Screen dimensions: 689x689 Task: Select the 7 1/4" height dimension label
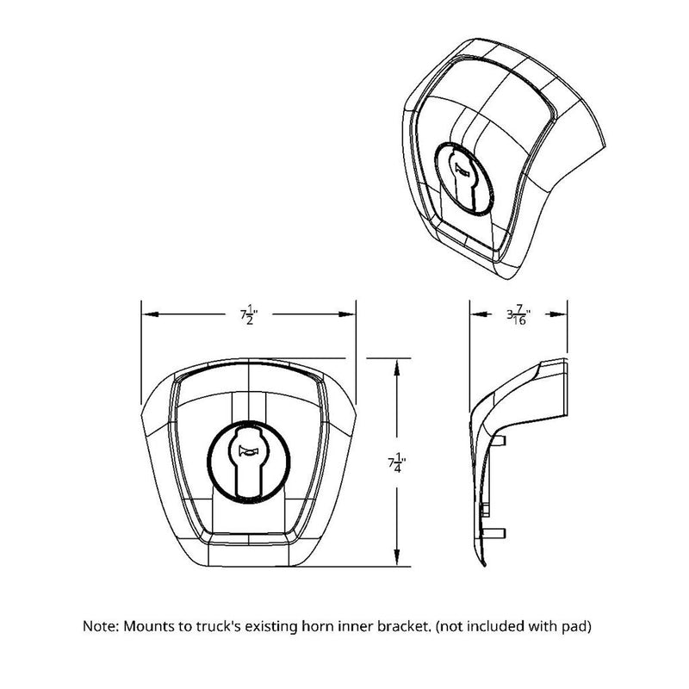click(396, 464)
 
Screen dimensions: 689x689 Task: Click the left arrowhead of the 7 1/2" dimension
click(146, 313)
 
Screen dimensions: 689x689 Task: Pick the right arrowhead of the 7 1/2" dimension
click(351, 313)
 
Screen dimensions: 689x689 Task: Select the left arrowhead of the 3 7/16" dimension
click(474, 313)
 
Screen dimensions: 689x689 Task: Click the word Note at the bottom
click(99, 626)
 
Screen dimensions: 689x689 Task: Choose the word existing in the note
click(275, 626)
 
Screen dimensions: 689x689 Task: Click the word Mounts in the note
click(146, 626)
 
